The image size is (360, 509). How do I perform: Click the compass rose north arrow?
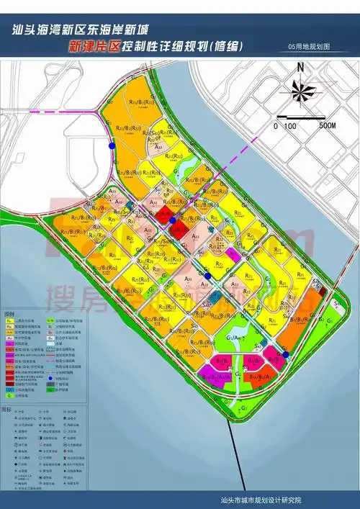301,91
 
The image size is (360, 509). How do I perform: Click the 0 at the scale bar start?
274,126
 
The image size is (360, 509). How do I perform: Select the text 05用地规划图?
308,45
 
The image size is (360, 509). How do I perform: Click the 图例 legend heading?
10,315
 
